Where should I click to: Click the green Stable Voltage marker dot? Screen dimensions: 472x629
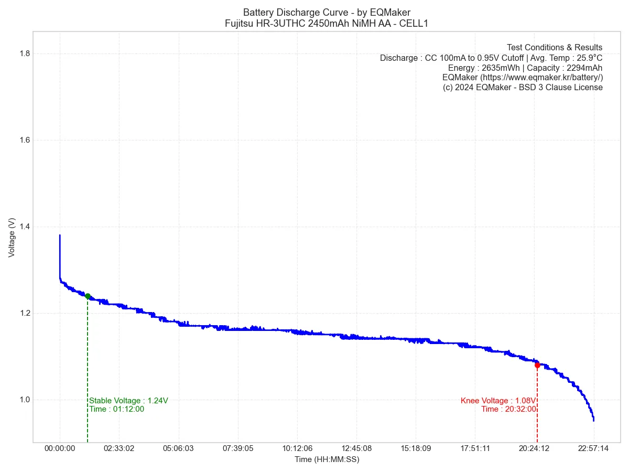[88, 296]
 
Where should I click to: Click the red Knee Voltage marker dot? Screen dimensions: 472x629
[537, 364]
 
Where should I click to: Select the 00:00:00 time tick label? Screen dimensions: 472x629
[60, 449]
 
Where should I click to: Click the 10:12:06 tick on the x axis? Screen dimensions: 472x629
[297, 449]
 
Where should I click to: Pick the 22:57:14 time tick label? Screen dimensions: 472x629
[593, 449]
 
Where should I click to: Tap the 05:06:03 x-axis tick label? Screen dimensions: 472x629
[178, 449]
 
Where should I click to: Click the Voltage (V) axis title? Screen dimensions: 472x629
[12, 238]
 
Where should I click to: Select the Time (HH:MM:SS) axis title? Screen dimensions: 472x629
[327, 459]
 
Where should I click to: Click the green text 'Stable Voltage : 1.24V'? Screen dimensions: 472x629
[128, 401]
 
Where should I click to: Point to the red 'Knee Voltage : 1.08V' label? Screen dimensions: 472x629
[498, 401]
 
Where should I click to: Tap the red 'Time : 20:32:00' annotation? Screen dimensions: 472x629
[508, 409]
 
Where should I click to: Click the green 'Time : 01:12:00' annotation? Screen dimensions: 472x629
[116, 409]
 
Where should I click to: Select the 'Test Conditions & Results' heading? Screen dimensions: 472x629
[555, 48]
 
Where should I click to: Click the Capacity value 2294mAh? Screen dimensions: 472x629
[584, 68]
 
